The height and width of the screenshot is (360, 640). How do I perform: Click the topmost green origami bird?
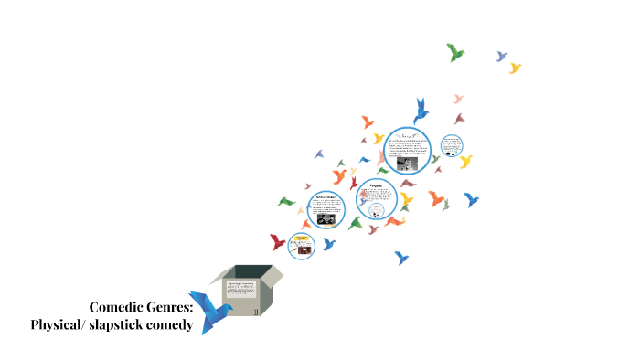455,52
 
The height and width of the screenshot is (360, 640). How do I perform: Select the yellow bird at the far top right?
515,68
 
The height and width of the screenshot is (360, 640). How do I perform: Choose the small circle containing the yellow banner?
301,245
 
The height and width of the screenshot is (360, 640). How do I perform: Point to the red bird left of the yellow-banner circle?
278,242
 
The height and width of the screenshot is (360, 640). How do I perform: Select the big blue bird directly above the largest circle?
421,111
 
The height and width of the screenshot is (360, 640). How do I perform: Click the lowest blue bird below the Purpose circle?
400,258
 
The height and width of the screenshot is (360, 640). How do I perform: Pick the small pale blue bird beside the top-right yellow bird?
501,57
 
